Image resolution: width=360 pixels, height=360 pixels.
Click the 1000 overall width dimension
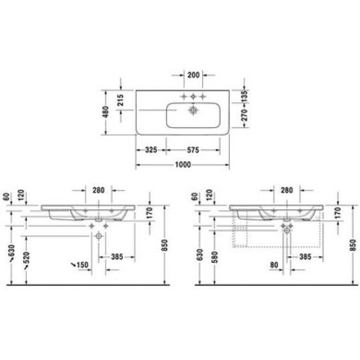click(x=183, y=165)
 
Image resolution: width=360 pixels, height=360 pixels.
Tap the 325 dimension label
click(x=151, y=150)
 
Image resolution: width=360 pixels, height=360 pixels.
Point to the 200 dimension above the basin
click(x=193, y=75)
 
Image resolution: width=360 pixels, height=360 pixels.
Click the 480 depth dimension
click(x=106, y=112)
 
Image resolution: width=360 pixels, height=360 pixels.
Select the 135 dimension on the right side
click(x=245, y=95)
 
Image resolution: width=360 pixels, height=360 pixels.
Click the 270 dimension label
click(x=245, y=116)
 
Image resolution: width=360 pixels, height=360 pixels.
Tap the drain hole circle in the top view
click(x=193, y=110)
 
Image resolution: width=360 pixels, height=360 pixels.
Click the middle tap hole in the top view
click(x=193, y=97)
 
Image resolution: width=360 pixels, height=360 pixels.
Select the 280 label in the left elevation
click(x=99, y=190)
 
